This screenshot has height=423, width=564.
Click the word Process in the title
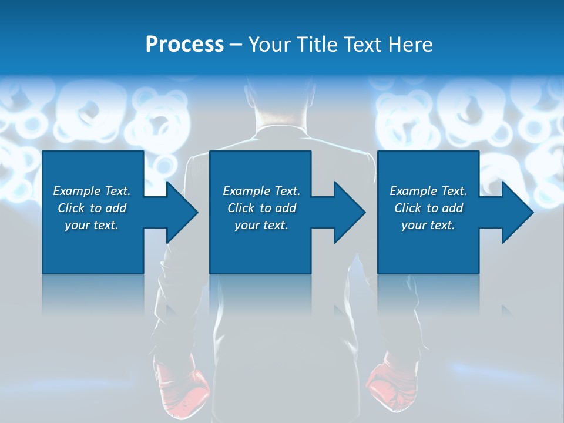(x=184, y=45)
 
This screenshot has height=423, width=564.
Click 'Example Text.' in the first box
(x=92, y=191)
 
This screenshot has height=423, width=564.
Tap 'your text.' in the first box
(x=92, y=225)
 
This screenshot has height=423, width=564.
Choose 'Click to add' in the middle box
(x=261, y=208)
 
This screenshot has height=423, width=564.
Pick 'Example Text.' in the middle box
(x=261, y=191)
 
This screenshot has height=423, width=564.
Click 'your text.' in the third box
(x=428, y=225)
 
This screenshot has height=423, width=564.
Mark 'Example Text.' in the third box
(x=428, y=191)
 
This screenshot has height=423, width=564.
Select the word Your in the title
(x=271, y=45)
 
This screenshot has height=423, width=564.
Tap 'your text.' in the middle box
(x=261, y=225)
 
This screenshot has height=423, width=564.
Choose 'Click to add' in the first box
(x=92, y=208)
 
